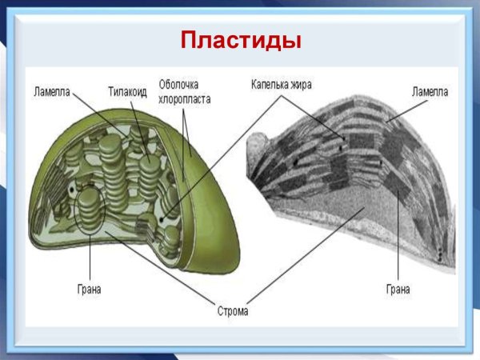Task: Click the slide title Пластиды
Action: (x=241, y=39)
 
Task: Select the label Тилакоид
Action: (x=127, y=91)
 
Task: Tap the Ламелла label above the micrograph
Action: (x=430, y=91)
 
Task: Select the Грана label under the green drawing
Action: (x=90, y=288)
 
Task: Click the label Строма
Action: (x=232, y=310)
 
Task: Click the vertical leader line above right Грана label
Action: (x=398, y=240)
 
